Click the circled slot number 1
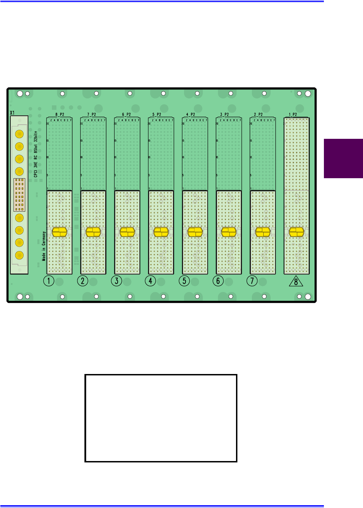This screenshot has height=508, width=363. pos(49,281)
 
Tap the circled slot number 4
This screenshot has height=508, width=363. pos(151,281)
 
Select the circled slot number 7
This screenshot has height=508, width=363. pos(252,281)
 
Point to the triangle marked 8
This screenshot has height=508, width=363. pos(296,282)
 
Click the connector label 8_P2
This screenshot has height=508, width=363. pos(60,114)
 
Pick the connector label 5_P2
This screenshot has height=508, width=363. pos(156,114)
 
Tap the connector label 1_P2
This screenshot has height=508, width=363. pos(293,114)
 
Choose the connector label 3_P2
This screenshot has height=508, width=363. pos(224,114)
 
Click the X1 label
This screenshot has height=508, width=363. pos(12,113)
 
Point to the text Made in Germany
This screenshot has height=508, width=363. pos(44,246)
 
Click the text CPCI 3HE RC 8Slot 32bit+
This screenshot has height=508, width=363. pos(36,154)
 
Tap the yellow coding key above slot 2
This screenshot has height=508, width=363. pos(93,232)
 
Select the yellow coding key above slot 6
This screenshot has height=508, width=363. pos(229,232)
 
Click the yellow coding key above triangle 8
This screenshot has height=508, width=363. pos(297,232)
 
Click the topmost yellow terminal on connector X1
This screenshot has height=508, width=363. pos(19,134)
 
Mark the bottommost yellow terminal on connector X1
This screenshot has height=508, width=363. pos(19,255)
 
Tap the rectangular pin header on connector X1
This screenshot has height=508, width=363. pos(19,195)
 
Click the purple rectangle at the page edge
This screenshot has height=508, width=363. pos(343,159)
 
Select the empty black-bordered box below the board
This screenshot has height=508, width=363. pos(161,418)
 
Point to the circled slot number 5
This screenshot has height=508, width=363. pos(184,281)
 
